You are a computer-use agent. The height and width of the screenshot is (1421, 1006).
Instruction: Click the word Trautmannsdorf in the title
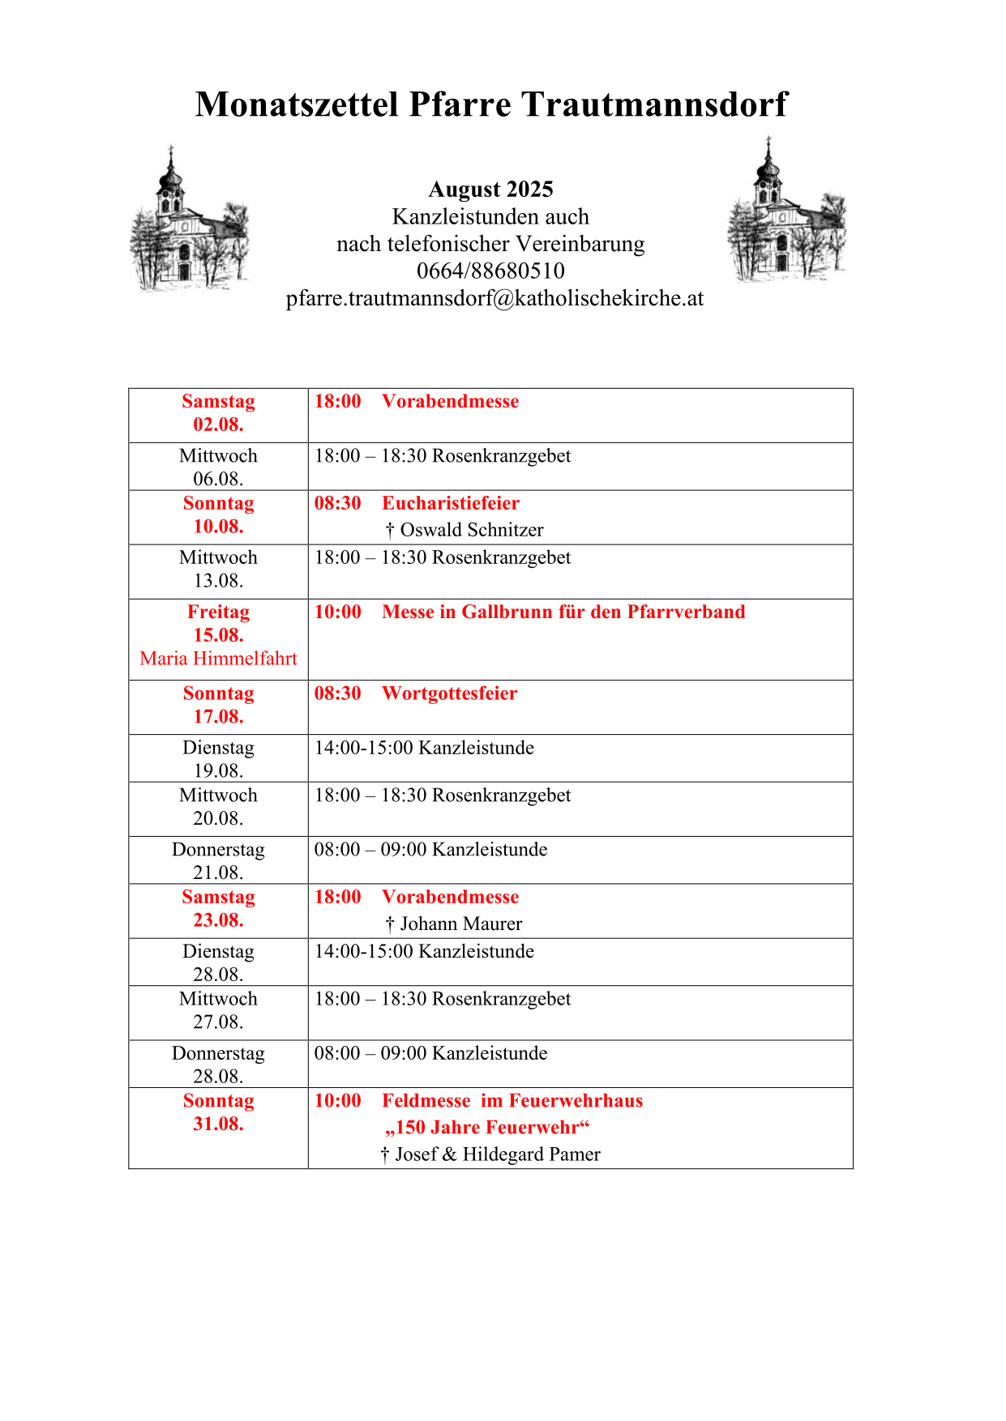pos(653,105)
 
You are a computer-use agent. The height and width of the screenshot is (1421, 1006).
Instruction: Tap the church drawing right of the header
pos(786,212)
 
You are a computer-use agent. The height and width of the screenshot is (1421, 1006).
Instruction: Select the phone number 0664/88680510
pos(490,271)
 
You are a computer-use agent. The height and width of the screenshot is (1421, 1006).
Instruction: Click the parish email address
pos(494,298)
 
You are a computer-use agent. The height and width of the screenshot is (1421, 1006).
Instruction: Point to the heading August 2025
pos(490,190)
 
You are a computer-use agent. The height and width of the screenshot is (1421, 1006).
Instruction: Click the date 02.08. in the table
pos(218,425)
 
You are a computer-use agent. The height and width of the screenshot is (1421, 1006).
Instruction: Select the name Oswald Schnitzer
pos(472,530)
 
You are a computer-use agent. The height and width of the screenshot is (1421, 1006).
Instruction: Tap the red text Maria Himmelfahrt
pos(218,659)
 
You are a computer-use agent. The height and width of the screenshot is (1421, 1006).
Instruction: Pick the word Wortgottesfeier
pos(449,693)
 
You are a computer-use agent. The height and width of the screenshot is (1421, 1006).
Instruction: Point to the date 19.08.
pos(218,770)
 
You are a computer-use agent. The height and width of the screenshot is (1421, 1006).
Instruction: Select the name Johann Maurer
pos(460,924)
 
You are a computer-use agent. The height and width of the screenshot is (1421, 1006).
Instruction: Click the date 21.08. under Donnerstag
pos(218,873)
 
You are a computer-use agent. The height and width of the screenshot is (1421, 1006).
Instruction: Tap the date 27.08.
pos(218,1022)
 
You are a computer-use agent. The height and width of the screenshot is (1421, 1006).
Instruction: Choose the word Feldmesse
pos(426,1100)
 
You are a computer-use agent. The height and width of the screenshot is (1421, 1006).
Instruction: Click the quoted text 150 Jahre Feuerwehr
pos(487,1128)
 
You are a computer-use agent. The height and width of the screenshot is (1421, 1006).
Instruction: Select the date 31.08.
pos(218,1124)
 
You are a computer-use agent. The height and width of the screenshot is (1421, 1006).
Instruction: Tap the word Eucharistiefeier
pos(451,503)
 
